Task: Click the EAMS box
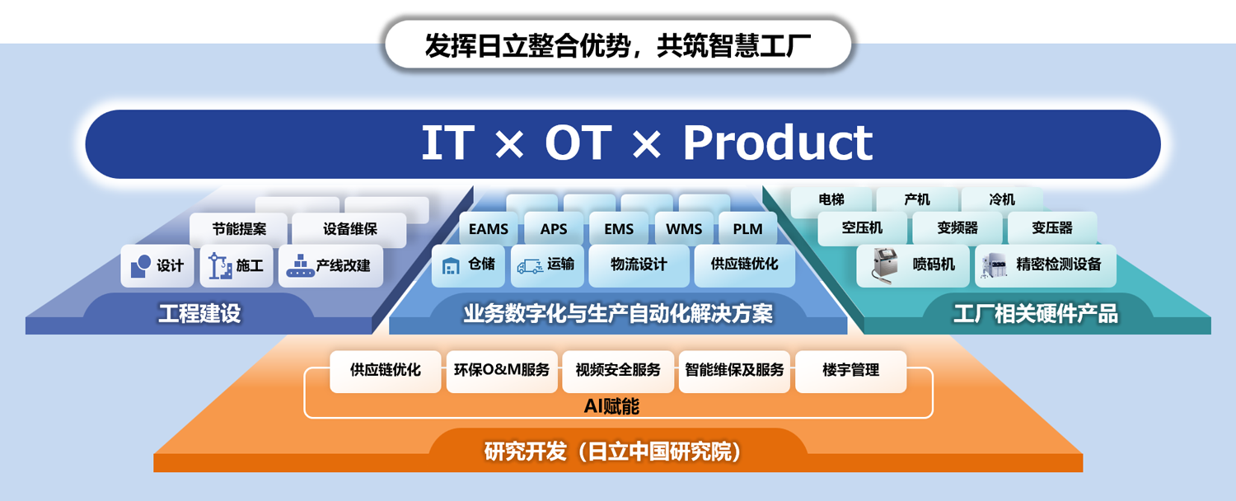point(489,228)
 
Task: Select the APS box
point(554,228)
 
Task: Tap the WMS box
point(684,228)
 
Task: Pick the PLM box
point(747,228)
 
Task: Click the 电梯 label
point(831,199)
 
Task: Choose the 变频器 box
point(957,228)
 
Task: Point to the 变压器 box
point(1052,228)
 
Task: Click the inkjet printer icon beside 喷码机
point(884,265)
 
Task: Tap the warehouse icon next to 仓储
point(451,265)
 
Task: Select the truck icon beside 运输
point(530,266)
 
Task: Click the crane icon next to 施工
point(220,266)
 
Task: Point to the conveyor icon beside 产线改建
point(300,265)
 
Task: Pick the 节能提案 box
point(238,229)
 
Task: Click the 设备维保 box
point(349,229)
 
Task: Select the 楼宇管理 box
point(851,371)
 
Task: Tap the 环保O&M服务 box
point(502,371)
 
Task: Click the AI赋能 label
point(611,406)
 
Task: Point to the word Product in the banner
point(778,143)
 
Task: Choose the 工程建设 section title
point(199,313)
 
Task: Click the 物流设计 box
point(639,265)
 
